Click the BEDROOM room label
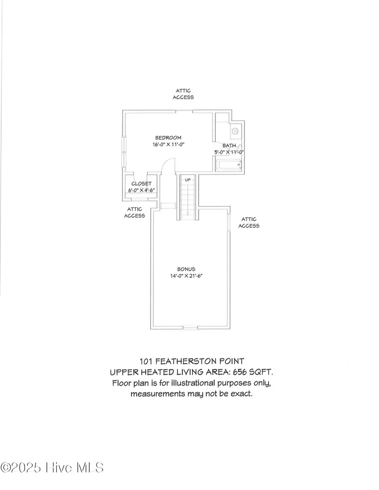pos(168,138)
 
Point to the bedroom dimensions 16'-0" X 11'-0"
pos(169,144)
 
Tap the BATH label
pos(230,146)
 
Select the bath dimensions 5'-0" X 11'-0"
pos(230,152)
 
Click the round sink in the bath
pos(235,131)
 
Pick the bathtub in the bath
pos(229,165)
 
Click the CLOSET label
pos(141,184)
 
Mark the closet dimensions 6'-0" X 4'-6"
pos(141,190)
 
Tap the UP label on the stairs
pos(188,180)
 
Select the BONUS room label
pos(186,269)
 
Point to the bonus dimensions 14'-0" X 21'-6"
pos(186,276)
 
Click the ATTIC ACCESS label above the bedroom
pos(183,94)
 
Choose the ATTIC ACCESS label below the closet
pos(134,212)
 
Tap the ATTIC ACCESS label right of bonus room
pos(249,222)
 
